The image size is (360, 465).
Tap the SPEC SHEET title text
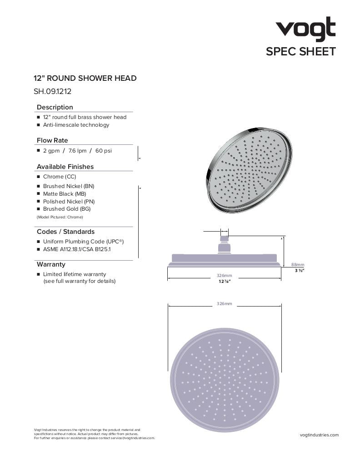(300, 51)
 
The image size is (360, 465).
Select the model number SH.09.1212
(52, 91)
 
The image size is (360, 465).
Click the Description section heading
(55, 107)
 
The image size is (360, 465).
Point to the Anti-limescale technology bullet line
(76, 125)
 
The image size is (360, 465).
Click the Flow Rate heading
(52, 140)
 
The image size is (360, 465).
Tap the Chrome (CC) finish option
(60, 177)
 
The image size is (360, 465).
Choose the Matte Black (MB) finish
(64, 194)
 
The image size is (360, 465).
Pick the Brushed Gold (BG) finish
(66, 209)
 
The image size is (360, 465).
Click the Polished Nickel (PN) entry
(69, 202)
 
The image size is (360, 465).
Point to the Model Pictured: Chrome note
(60, 218)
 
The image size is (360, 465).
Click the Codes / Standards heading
(65, 232)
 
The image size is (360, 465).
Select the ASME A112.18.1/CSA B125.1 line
(77, 249)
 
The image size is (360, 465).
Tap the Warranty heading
(51, 264)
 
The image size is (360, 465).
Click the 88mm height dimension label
(298, 265)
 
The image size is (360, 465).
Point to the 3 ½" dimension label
(299, 271)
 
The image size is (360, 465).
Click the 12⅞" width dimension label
(224, 282)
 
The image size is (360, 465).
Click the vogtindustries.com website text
(320, 435)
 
